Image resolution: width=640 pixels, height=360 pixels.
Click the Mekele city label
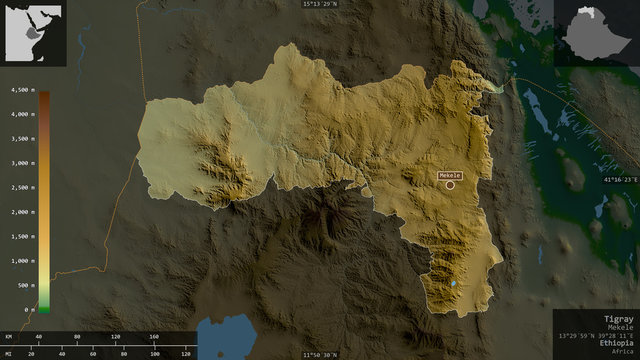click(x=451, y=175)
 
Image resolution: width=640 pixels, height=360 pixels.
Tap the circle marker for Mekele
click(x=450, y=185)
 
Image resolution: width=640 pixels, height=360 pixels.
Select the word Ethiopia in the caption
click(x=614, y=342)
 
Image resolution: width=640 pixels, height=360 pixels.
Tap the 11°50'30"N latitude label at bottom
click(x=327, y=354)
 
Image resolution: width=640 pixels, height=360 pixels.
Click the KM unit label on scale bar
click(x=7, y=337)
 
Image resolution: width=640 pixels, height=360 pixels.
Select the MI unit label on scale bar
click(x=7, y=353)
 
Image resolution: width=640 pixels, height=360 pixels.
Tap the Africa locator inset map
click(x=33, y=34)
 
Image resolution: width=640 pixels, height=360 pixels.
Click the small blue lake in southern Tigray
click(x=455, y=283)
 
